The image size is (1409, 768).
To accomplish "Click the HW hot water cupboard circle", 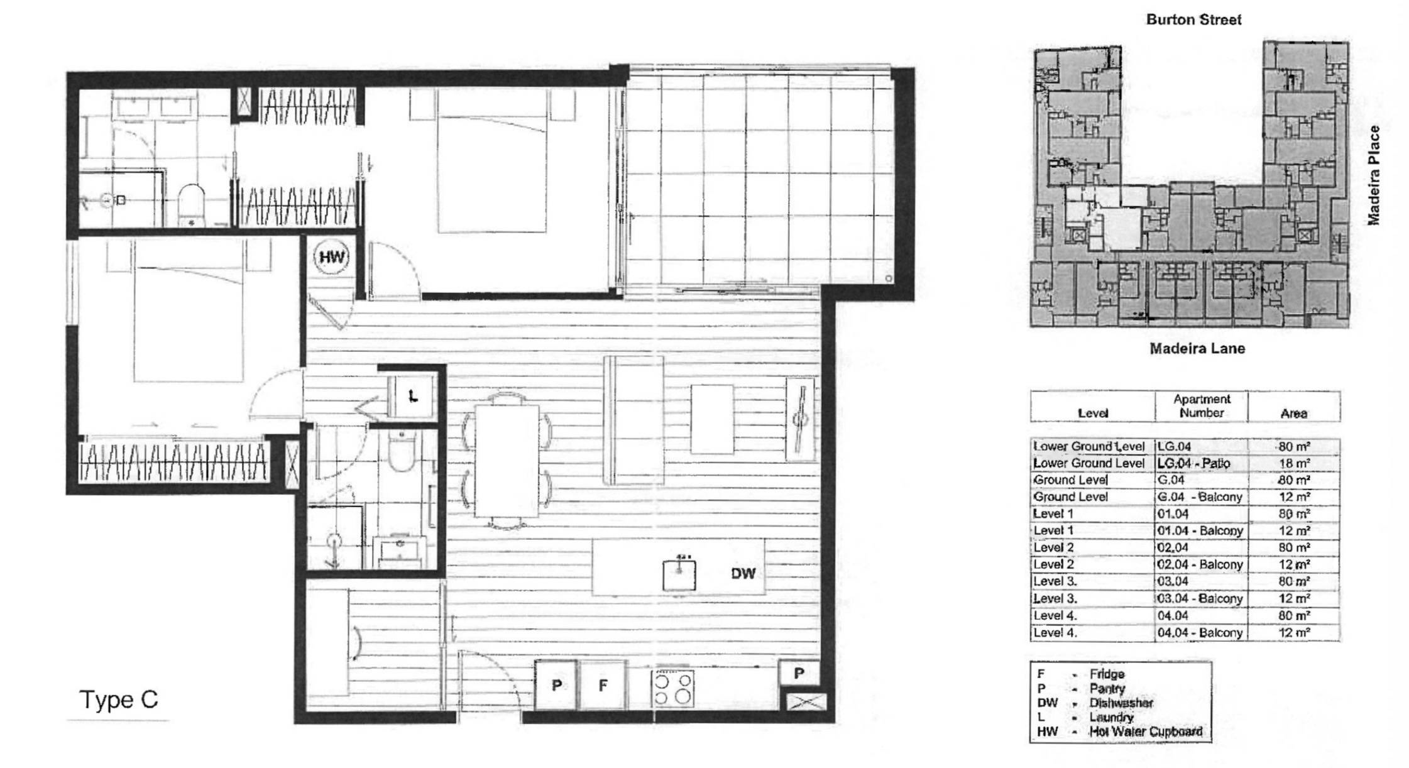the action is pyautogui.click(x=332, y=257).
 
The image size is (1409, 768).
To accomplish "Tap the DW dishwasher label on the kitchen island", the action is pyautogui.click(x=743, y=573).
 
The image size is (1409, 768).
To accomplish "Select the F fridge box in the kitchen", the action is pyautogui.click(x=603, y=684).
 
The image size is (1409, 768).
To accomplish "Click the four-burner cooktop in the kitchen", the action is pyautogui.click(x=673, y=688).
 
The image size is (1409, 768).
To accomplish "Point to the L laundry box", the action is pyautogui.click(x=412, y=396).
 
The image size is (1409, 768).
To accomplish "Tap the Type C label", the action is pyautogui.click(x=118, y=699).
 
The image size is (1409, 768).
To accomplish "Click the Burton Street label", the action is pyautogui.click(x=1193, y=19).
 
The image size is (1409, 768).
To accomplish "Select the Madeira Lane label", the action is pyautogui.click(x=1197, y=348).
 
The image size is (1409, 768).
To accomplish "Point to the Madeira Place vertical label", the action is pyautogui.click(x=1374, y=175).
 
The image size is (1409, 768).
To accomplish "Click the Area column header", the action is pyautogui.click(x=1293, y=413).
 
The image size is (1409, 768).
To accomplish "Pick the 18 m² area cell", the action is pyautogui.click(x=1294, y=463).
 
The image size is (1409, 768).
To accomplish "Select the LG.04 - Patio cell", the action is pyautogui.click(x=1193, y=463).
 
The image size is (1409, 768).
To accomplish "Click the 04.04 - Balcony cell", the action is pyautogui.click(x=1200, y=632).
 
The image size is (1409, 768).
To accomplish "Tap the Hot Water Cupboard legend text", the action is pyautogui.click(x=1146, y=731).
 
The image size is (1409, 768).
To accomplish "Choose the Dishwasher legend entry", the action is pyautogui.click(x=1121, y=703).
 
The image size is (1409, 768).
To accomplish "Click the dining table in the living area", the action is pyautogui.click(x=507, y=461).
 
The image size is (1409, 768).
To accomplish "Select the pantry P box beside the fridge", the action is pyautogui.click(x=556, y=684).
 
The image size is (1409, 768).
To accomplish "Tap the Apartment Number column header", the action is pyautogui.click(x=1201, y=406).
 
